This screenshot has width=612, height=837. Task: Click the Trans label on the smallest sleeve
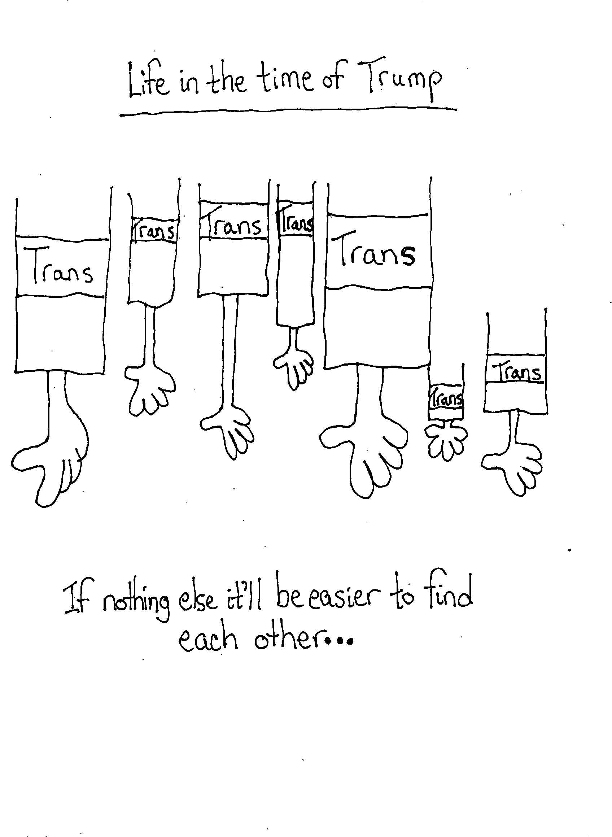click(x=446, y=397)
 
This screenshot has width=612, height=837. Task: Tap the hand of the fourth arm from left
click(x=294, y=368)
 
